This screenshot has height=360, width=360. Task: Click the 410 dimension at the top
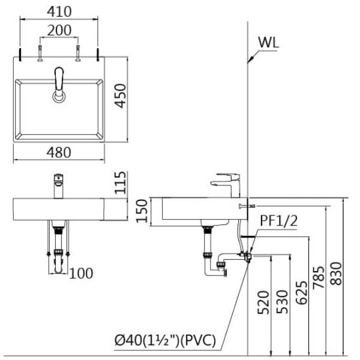tap(59, 11)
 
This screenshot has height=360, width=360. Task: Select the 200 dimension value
tap(59, 30)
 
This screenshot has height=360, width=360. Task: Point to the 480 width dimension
tap(58, 152)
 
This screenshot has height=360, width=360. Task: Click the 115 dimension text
tap(120, 182)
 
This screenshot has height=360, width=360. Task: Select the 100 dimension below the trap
tap(81, 274)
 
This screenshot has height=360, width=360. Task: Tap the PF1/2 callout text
tap(278, 221)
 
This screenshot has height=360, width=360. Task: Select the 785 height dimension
tap(319, 277)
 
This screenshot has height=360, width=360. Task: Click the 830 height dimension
tap(338, 273)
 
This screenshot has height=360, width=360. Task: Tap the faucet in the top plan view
tap(59, 83)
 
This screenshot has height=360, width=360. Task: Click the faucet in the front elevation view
tap(58, 185)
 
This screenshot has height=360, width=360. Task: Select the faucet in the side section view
tap(226, 184)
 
